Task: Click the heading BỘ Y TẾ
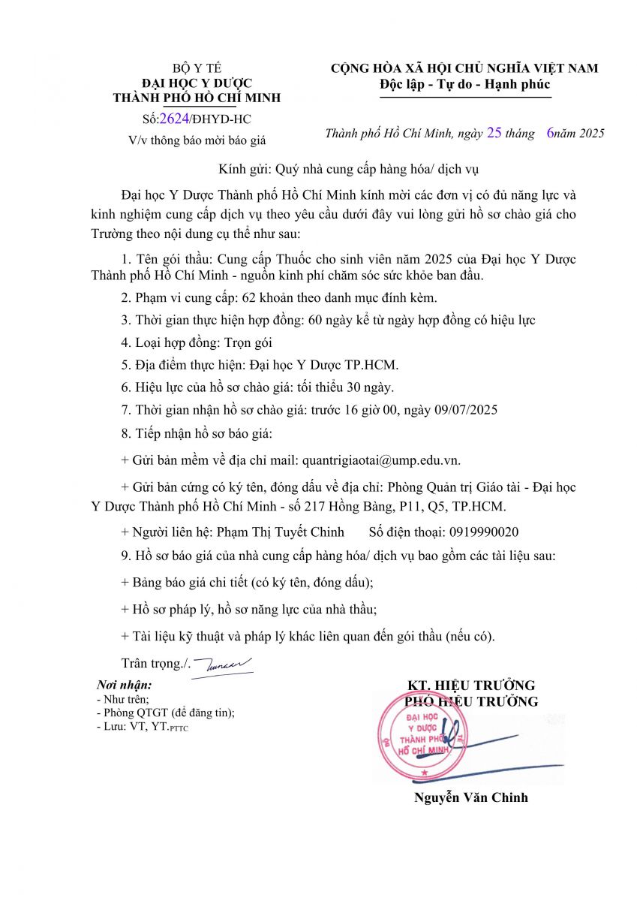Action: pyautogui.click(x=197, y=68)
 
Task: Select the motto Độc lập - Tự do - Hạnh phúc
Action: pyautogui.click(x=464, y=84)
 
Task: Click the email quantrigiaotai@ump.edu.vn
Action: pyautogui.click(x=380, y=460)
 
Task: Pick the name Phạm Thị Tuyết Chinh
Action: pyautogui.click(x=280, y=532)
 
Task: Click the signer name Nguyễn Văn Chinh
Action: pyautogui.click(x=471, y=797)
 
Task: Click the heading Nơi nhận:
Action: pyautogui.click(x=125, y=685)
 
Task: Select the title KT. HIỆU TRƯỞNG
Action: pyautogui.click(x=471, y=685)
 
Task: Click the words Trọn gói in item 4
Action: pyautogui.click(x=248, y=342)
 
